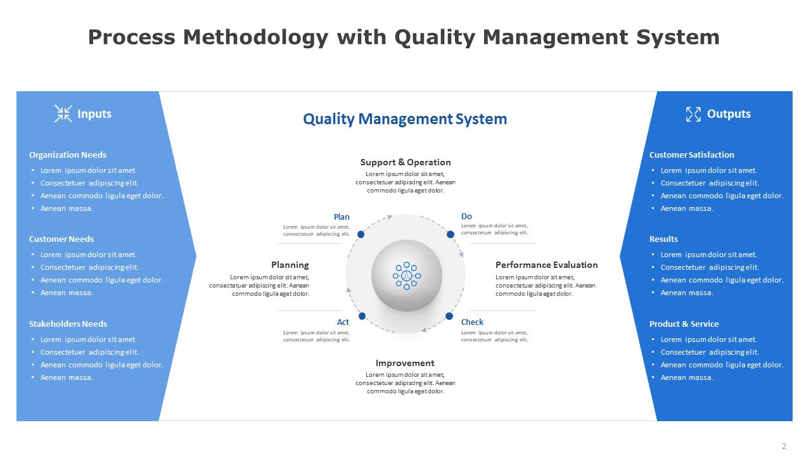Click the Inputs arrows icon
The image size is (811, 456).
click(x=63, y=113)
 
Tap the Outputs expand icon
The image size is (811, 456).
click(x=693, y=114)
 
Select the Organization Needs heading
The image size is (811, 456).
click(x=68, y=155)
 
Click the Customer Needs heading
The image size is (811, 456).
click(x=61, y=239)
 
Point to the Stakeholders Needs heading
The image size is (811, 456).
click(x=68, y=324)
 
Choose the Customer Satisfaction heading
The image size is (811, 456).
click(x=691, y=155)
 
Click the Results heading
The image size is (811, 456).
click(x=663, y=239)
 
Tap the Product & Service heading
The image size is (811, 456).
click(x=684, y=324)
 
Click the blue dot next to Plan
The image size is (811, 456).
click(x=361, y=234)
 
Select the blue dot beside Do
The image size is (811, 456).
click(x=450, y=234)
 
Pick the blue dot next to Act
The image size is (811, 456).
click(x=362, y=316)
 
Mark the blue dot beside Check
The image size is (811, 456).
click(x=449, y=316)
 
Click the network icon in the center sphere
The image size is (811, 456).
click(x=407, y=275)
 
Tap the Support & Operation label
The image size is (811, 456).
click(x=405, y=162)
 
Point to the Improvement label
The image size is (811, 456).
click(x=405, y=363)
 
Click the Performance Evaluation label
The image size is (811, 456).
click(x=546, y=265)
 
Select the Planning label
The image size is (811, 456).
click(x=290, y=265)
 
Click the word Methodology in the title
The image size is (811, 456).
click(x=255, y=37)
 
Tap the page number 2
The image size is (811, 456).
click(x=784, y=446)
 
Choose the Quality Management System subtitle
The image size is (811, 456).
click(x=405, y=119)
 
